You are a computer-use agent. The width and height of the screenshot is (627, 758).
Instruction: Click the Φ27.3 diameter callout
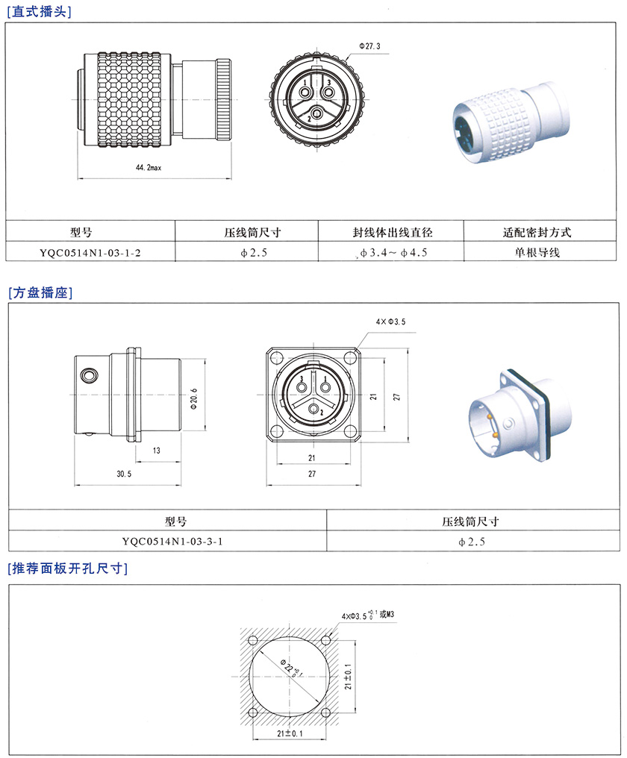pyautogui.click(x=369, y=46)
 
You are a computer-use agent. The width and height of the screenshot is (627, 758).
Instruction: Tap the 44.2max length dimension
pyautogui.click(x=149, y=168)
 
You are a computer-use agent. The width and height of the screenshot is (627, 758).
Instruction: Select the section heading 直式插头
pyautogui.click(x=39, y=12)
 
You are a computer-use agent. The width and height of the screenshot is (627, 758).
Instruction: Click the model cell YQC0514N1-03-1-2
pyautogui.click(x=90, y=252)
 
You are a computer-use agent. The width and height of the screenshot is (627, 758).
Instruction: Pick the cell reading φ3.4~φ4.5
pyautogui.click(x=393, y=252)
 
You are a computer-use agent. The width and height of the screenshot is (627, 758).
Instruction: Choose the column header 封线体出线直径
pyautogui.click(x=393, y=233)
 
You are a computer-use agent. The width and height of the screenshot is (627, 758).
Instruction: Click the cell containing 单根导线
pyautogui.click(x=537, y=252)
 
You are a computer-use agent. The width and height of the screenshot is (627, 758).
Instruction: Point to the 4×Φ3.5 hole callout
pyautogui.click(x=391, y=322)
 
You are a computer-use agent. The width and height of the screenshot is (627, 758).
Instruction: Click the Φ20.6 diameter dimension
pyautogui.click(x=194, y=399)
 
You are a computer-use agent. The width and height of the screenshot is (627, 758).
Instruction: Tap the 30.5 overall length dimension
pyautogui.click(x=124, y=474)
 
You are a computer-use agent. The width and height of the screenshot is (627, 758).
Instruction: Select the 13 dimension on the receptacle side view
pyautogui.click(x=156, y=451)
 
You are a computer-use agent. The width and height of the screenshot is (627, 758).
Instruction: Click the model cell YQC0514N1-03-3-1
pyautogui.click(x=172, y=542)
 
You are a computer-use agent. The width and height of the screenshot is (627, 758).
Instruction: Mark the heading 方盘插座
pyautogui.click(x=40, y=292)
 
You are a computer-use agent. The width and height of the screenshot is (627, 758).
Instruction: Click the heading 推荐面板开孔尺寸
pyautogui.click(x=68, y=568)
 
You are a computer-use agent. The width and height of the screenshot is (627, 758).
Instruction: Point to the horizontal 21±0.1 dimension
pyautogui.click(x=290, y=733)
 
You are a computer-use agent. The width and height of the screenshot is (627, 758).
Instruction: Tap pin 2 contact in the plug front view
pyautogui.click(x=317, y=113)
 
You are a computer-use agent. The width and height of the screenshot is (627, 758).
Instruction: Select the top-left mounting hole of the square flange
pyautogui.click(x=276, y=358)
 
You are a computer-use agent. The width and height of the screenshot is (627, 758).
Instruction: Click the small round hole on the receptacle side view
pyautogui.click(x=89, y=375)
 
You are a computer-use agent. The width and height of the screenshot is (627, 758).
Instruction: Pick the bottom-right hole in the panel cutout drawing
pyautogui.click(x=326, y=712)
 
